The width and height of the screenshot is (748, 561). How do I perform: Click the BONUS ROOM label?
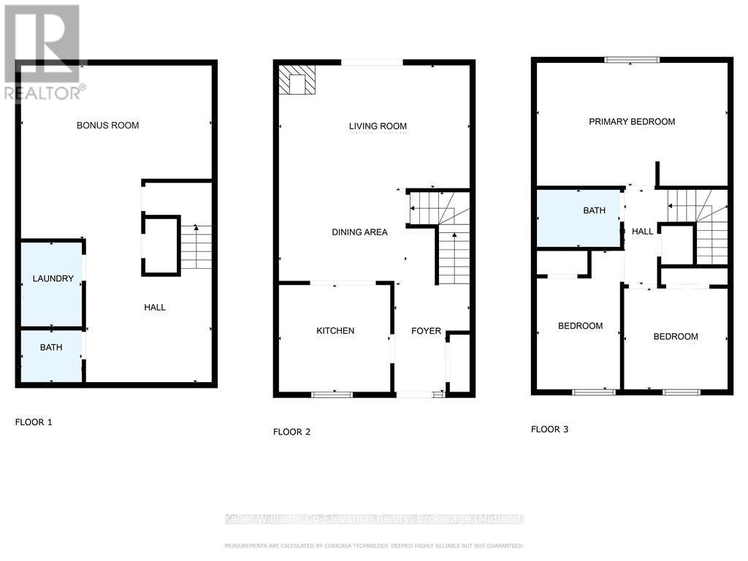[x=107, y=126]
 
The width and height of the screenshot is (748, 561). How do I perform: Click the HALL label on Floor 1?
[x=155, y=308]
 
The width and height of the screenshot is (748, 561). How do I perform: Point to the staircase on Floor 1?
[x=195, y=247]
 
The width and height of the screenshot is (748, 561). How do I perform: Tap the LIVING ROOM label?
[x=378, y=126]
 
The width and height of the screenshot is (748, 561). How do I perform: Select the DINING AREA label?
[x=359, y=232]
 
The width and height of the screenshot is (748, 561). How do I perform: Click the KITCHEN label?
[x=335, y=331]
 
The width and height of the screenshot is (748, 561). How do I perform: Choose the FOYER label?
[x=426, y=331]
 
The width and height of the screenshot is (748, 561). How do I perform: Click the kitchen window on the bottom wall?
[x=332, y=394]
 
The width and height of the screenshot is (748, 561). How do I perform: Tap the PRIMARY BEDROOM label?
[x=632, y=122]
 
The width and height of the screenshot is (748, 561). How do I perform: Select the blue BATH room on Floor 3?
[x=579, y=218]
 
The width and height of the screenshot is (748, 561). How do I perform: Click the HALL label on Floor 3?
[x=643, y=232]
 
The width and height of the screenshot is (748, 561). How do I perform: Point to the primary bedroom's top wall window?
[x=632, y=60]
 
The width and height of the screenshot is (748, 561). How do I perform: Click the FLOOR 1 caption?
[x=34, y=422]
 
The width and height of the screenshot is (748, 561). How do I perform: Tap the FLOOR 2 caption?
[x=292, y=432]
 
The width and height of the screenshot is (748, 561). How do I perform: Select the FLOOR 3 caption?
[x=549, y=430]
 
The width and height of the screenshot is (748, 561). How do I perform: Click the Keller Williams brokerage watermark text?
[x=374, y=519]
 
